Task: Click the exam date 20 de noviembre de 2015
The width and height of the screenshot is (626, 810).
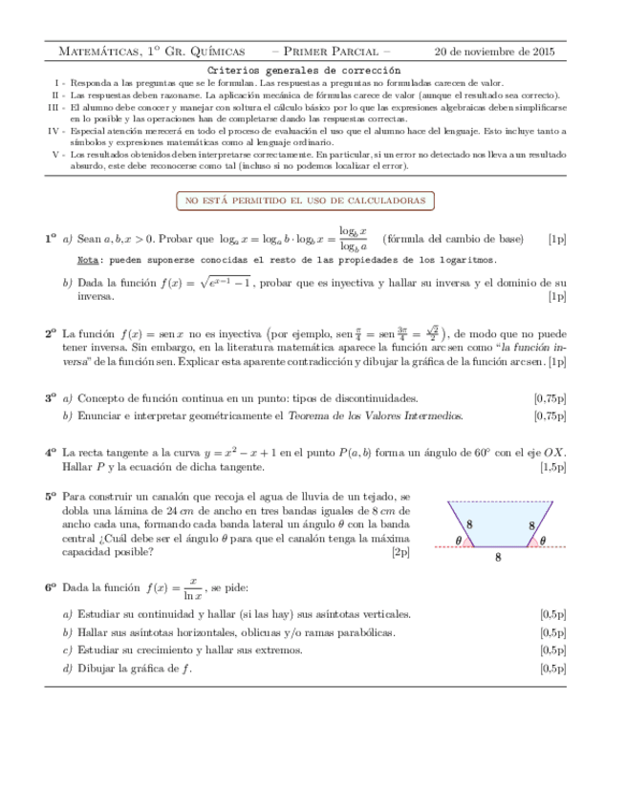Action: tap(494, 52)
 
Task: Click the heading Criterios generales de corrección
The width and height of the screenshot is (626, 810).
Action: tap(304, 71)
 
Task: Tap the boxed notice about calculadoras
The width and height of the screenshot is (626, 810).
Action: tap(305, 201)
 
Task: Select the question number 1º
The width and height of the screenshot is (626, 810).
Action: tap(51, 239)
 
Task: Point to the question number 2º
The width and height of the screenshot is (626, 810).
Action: tap(51, 334)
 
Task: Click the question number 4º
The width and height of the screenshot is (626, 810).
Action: tap(51, 452)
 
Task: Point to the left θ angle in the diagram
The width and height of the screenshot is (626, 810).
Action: tap(460, 541)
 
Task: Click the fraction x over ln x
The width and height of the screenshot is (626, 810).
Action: tap(192, 587)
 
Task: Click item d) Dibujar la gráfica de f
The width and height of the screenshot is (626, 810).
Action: tap(127, 668)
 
